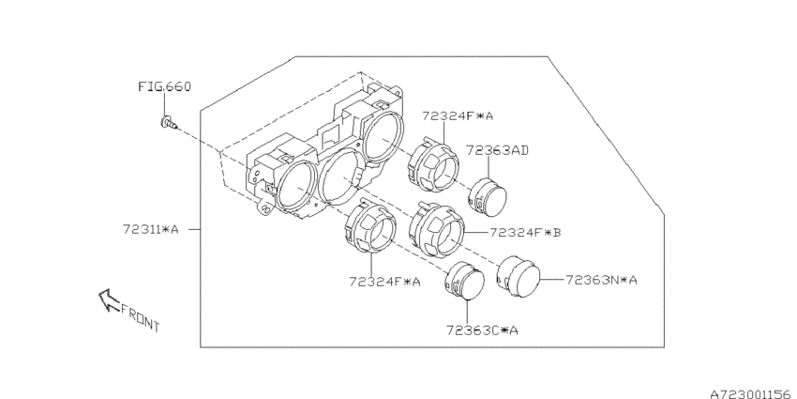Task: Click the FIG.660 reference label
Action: tap(165, 86)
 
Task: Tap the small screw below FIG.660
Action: tap(168, 123)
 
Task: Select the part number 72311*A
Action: tap(150, 229)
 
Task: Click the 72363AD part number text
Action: tap(497, 150)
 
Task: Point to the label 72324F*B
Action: tap(525, 233)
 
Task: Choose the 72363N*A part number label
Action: tap(601, 280)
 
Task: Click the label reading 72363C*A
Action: tap(482, 330)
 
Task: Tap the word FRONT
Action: tap(141, 318)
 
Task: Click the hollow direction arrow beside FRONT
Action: tap(108, 299)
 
